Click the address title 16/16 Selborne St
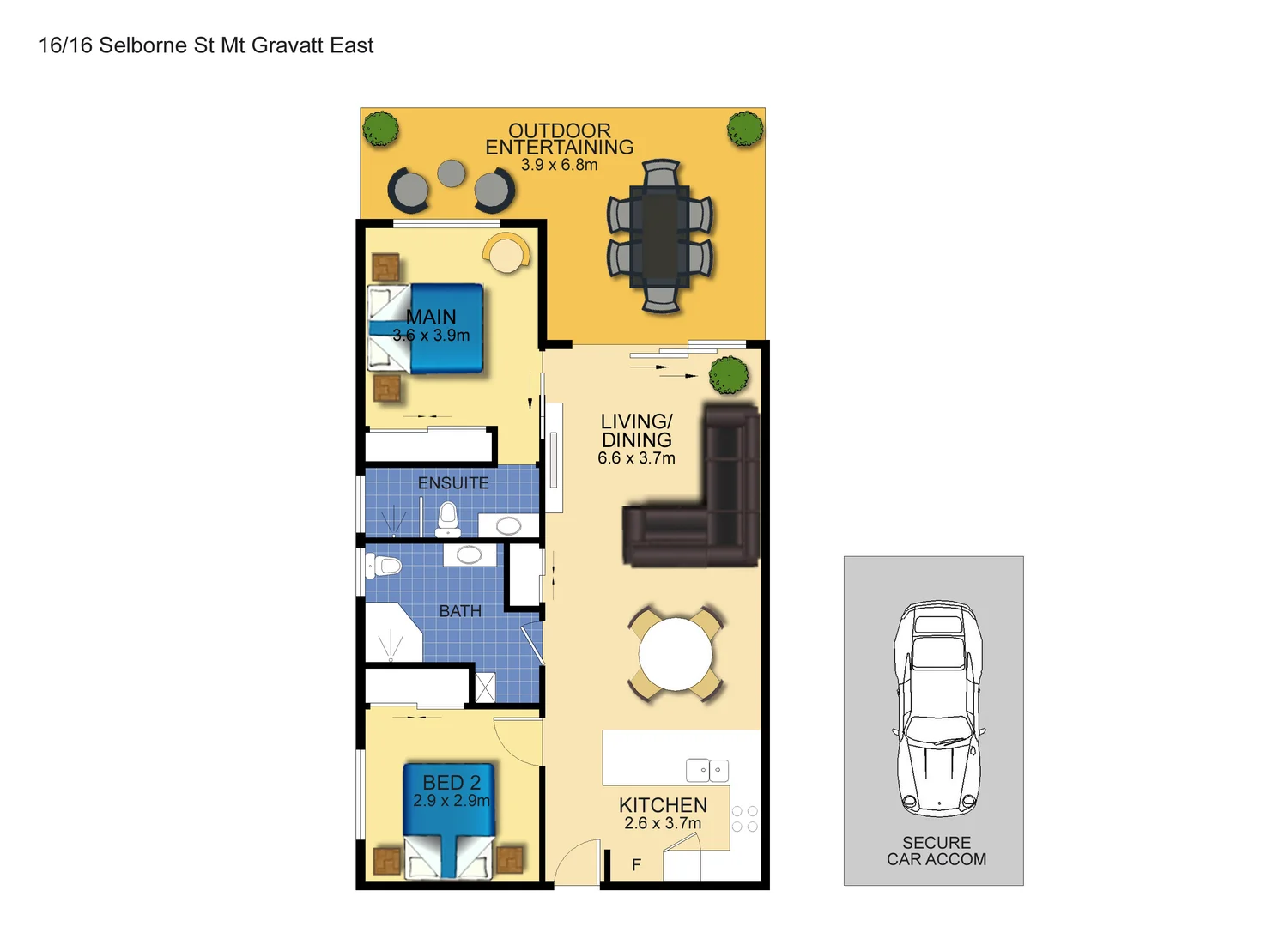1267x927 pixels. (206, 45)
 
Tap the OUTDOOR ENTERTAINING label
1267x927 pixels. (559, 139)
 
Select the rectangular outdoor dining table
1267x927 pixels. (659, 236)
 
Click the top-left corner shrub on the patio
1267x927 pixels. (380, 129)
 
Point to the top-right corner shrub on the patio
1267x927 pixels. (745, 129)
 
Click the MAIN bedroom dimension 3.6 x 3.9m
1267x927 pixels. (431, 336)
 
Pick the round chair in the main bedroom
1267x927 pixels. (506, 253)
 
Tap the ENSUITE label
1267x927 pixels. (453, 483)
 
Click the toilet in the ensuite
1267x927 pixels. (448, 518)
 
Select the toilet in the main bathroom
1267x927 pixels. (384, 566)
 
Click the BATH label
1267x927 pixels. (460, 611)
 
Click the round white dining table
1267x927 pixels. (676, 654)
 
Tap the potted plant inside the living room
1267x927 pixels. (729, 375)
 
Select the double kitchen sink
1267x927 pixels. (707, 770)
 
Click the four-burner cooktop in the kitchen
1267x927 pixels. (744, 819)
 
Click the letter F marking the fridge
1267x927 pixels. (636, 865)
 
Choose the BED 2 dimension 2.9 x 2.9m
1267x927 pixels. (451, 801)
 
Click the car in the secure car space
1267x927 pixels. (937, 708)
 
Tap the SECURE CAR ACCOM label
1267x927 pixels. (936, 851)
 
